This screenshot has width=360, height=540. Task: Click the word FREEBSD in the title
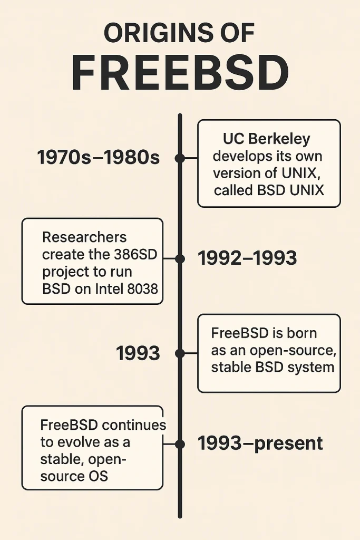point(180,73)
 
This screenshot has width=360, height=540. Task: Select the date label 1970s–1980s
point(98,157)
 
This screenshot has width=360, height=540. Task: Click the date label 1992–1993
point(247,258)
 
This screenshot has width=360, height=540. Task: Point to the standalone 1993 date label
point(138,353)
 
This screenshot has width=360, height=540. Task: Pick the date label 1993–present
point(260,443)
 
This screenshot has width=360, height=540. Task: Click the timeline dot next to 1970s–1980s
point(180,158)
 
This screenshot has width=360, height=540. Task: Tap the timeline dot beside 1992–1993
point(180,258)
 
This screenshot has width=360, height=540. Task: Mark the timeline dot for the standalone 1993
point(180,353)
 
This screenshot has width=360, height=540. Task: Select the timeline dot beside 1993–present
point(180,445)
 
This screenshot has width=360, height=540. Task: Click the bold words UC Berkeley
point(266,139)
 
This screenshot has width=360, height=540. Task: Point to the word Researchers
point(84,237)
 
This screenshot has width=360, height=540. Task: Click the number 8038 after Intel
point(142,288)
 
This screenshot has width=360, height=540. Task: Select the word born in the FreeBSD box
point(302,333)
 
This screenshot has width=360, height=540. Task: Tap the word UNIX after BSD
point(307,190)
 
